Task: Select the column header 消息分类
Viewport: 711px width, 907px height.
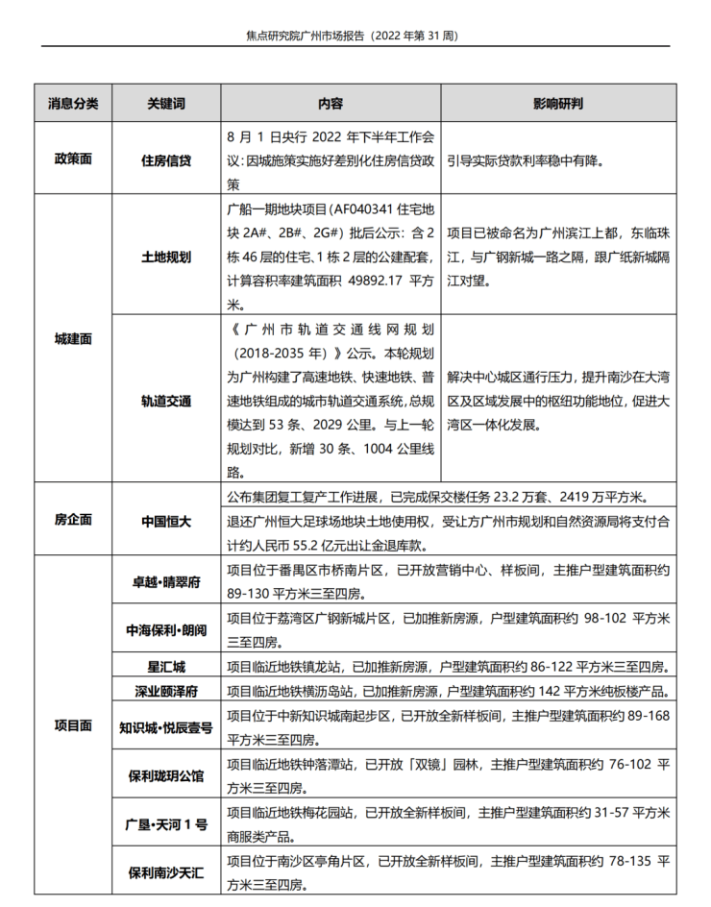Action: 73,103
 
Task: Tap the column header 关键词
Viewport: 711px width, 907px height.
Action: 166,103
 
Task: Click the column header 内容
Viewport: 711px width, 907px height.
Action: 331,103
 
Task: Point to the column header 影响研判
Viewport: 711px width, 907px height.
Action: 557,103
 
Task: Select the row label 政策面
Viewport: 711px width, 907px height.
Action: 73,159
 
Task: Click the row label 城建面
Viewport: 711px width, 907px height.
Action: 73,338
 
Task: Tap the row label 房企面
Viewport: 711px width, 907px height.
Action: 73,520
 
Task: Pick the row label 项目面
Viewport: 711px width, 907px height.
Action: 73,725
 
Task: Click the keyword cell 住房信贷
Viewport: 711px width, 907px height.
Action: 166,159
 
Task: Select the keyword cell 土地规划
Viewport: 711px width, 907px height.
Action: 166,257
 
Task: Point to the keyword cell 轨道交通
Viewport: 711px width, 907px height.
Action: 166,401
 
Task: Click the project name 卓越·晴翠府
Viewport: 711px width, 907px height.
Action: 166,582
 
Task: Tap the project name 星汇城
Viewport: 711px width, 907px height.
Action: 166,666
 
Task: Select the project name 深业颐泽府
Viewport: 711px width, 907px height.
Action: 166,691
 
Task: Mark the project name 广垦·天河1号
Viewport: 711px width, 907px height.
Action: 166,824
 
